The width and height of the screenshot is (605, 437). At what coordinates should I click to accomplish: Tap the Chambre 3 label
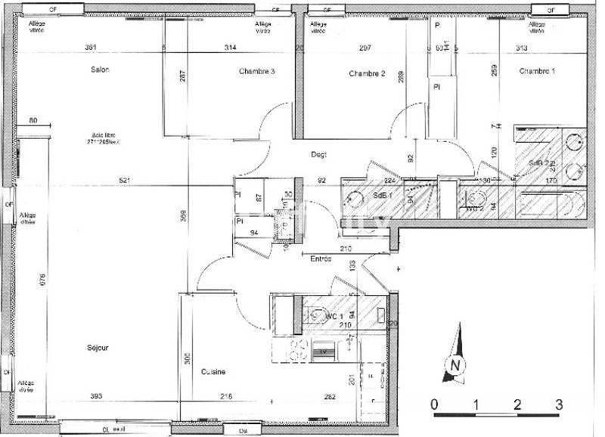point(257,72)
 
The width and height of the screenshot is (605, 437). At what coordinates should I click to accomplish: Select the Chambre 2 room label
point(368,73)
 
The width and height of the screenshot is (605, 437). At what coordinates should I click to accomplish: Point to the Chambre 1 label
point(537,71)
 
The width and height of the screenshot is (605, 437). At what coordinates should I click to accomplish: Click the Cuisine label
point(215,371)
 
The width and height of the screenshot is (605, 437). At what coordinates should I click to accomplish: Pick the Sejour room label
point(98,348)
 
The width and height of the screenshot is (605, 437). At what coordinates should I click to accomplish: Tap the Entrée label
point(321,259)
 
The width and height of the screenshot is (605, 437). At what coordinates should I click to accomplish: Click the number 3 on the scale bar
point(558,404)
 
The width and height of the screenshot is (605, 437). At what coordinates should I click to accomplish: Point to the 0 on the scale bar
point(434,404)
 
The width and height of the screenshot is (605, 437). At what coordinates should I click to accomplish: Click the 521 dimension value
point(126,180)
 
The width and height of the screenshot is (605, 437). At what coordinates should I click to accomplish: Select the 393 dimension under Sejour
point(96,395)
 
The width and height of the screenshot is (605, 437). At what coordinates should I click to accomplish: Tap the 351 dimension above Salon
point(91,48)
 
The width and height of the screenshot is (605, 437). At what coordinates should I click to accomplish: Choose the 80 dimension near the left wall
point(33,121)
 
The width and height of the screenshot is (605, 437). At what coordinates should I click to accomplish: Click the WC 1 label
point(335,316)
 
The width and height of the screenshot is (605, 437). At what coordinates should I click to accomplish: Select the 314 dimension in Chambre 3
point(230,48)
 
